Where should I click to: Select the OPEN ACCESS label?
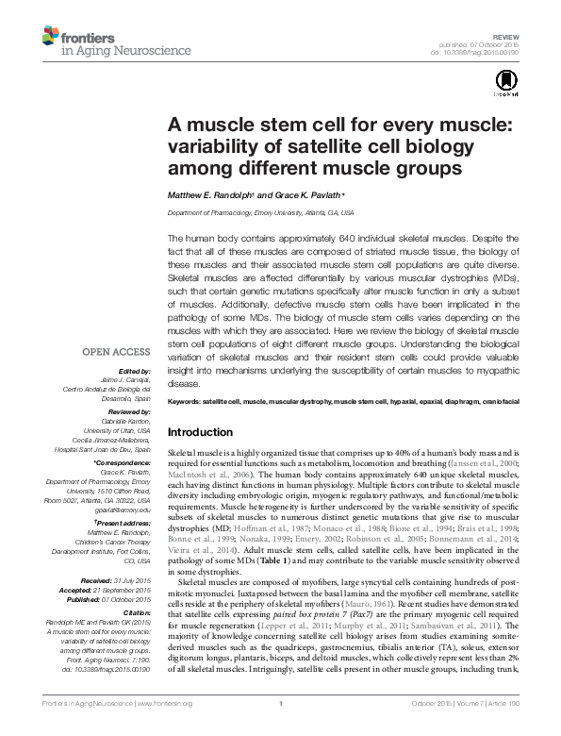pos(118,351)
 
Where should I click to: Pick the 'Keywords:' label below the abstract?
pos(182,402)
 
